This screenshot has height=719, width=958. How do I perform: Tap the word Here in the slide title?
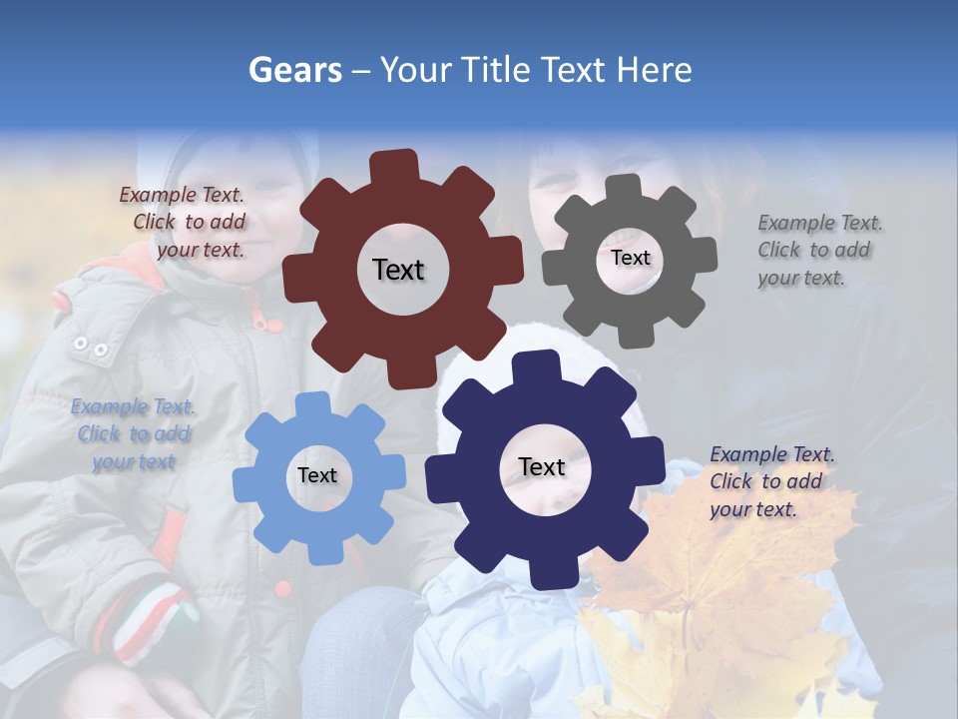point(655,70)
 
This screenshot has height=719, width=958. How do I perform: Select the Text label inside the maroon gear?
point(398,270)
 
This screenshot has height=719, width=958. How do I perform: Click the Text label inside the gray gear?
point(630,258)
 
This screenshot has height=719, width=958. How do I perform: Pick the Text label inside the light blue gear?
point(317,475)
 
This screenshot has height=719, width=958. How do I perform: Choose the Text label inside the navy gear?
point(542,466)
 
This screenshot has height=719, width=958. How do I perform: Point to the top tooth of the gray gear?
point(624,187)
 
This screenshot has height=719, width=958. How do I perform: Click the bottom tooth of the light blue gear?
point(321,551)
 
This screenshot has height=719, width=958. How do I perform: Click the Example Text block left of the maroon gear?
point(186,223)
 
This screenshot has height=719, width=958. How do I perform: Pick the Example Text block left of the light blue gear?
point(134,434)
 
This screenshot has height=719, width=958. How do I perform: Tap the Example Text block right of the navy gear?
point(770,482)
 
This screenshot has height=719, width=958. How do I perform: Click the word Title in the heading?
point(497,70)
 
